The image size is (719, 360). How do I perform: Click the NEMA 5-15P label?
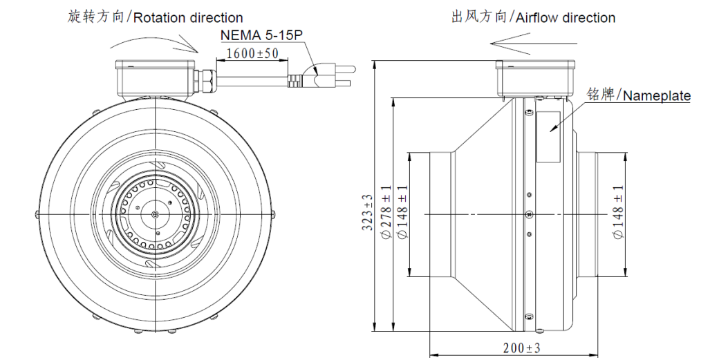click(x=262, y=35)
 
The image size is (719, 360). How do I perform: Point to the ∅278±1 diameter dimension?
click(x=386, y=215)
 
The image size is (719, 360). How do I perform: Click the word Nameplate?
click(x=656, y=96)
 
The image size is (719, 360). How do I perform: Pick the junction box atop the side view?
click(x=535, y=78)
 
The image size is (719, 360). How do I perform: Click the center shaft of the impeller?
click(x=153, y=214)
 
